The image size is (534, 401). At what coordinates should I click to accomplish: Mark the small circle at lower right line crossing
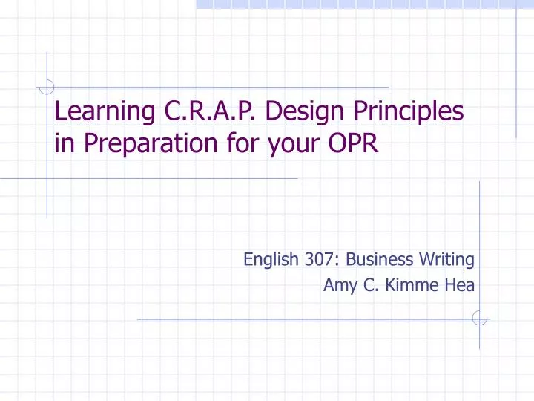tap(479, 319)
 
